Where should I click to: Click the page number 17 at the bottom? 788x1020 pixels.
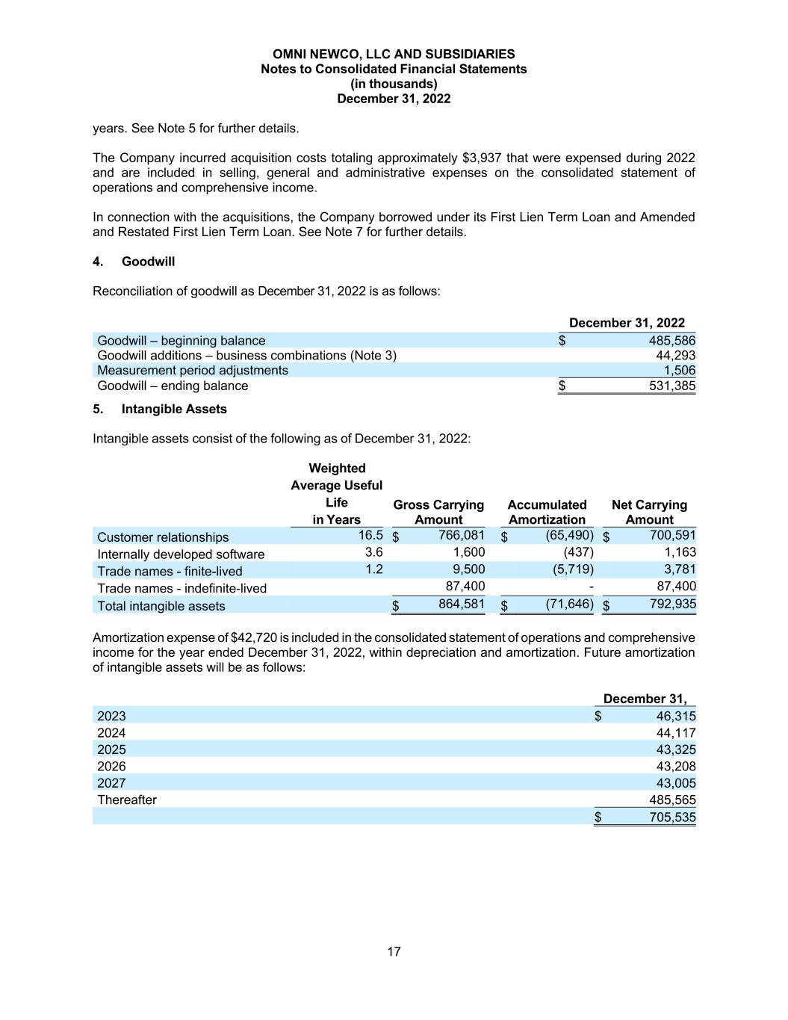click(394, 951)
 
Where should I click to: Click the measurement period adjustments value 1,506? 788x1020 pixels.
click(679, 370)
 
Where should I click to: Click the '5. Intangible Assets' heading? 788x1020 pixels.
click(160, 409)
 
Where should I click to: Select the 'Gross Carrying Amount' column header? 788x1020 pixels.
click(438, 512)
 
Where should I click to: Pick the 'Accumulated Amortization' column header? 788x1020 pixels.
click(547, 512)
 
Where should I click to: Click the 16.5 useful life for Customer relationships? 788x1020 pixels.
click(370, 535)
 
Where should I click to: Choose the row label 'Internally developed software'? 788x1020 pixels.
click(181, 554)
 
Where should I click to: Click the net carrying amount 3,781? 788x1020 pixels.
click(680, 569)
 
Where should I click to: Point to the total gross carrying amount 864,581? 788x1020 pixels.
click(461, 604)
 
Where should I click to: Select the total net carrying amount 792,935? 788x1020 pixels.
click(672, 604)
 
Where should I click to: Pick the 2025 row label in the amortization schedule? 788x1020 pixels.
click(111, 749)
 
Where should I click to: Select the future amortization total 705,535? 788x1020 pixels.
click(672, 817)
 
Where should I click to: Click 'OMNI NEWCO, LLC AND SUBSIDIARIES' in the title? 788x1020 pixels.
click(394, 54)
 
